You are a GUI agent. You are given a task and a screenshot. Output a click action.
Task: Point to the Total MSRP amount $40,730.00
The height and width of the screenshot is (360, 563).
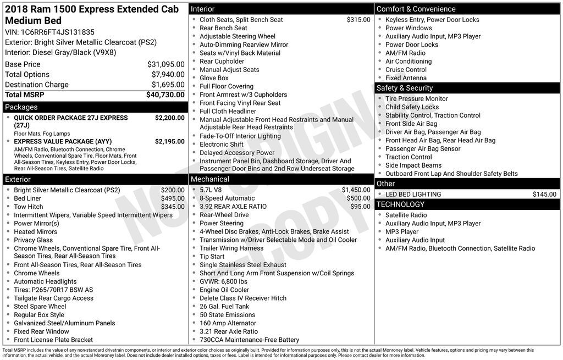[x=165, y=95]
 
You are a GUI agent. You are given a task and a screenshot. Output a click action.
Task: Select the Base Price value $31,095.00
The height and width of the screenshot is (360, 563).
[x=165, y=64]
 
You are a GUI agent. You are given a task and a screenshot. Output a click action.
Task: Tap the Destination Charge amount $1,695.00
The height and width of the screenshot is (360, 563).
[x=168, y=85]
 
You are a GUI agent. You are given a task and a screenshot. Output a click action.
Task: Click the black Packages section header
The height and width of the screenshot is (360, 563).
[x=95, y=107]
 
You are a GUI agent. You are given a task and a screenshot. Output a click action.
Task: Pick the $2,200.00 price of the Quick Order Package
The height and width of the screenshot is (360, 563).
[x=169, y=118]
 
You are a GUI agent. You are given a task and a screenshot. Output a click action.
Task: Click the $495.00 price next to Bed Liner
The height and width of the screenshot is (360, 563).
[x=173, y=198]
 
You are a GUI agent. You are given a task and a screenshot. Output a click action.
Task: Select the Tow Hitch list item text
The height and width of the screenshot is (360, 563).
[x=29, y=207]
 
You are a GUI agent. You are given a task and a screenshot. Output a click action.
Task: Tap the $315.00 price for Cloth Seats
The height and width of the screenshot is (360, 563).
[x=358, y=20]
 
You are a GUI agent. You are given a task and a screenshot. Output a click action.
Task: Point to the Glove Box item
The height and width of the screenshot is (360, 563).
[x=214, y=78]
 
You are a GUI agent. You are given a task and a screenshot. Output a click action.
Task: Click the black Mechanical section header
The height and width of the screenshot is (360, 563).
[x=281, y=179]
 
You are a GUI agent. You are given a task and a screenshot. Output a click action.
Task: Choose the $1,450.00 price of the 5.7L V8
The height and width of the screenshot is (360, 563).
[x=356, y=190]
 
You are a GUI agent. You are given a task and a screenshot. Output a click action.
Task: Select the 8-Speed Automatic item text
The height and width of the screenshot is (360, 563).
[x=227, y=198]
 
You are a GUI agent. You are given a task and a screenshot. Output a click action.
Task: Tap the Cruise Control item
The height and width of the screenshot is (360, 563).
[x=406, y=70]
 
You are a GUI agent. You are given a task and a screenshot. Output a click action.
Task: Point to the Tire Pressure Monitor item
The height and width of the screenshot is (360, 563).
[x=416, y=99]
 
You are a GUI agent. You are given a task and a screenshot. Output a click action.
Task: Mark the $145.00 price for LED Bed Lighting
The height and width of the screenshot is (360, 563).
[x=544, y=195]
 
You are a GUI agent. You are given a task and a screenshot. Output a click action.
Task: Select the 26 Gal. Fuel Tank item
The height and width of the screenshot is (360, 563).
[x=224, y=307]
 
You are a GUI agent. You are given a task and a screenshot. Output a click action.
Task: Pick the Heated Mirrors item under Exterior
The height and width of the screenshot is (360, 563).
[x=36, y=232]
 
